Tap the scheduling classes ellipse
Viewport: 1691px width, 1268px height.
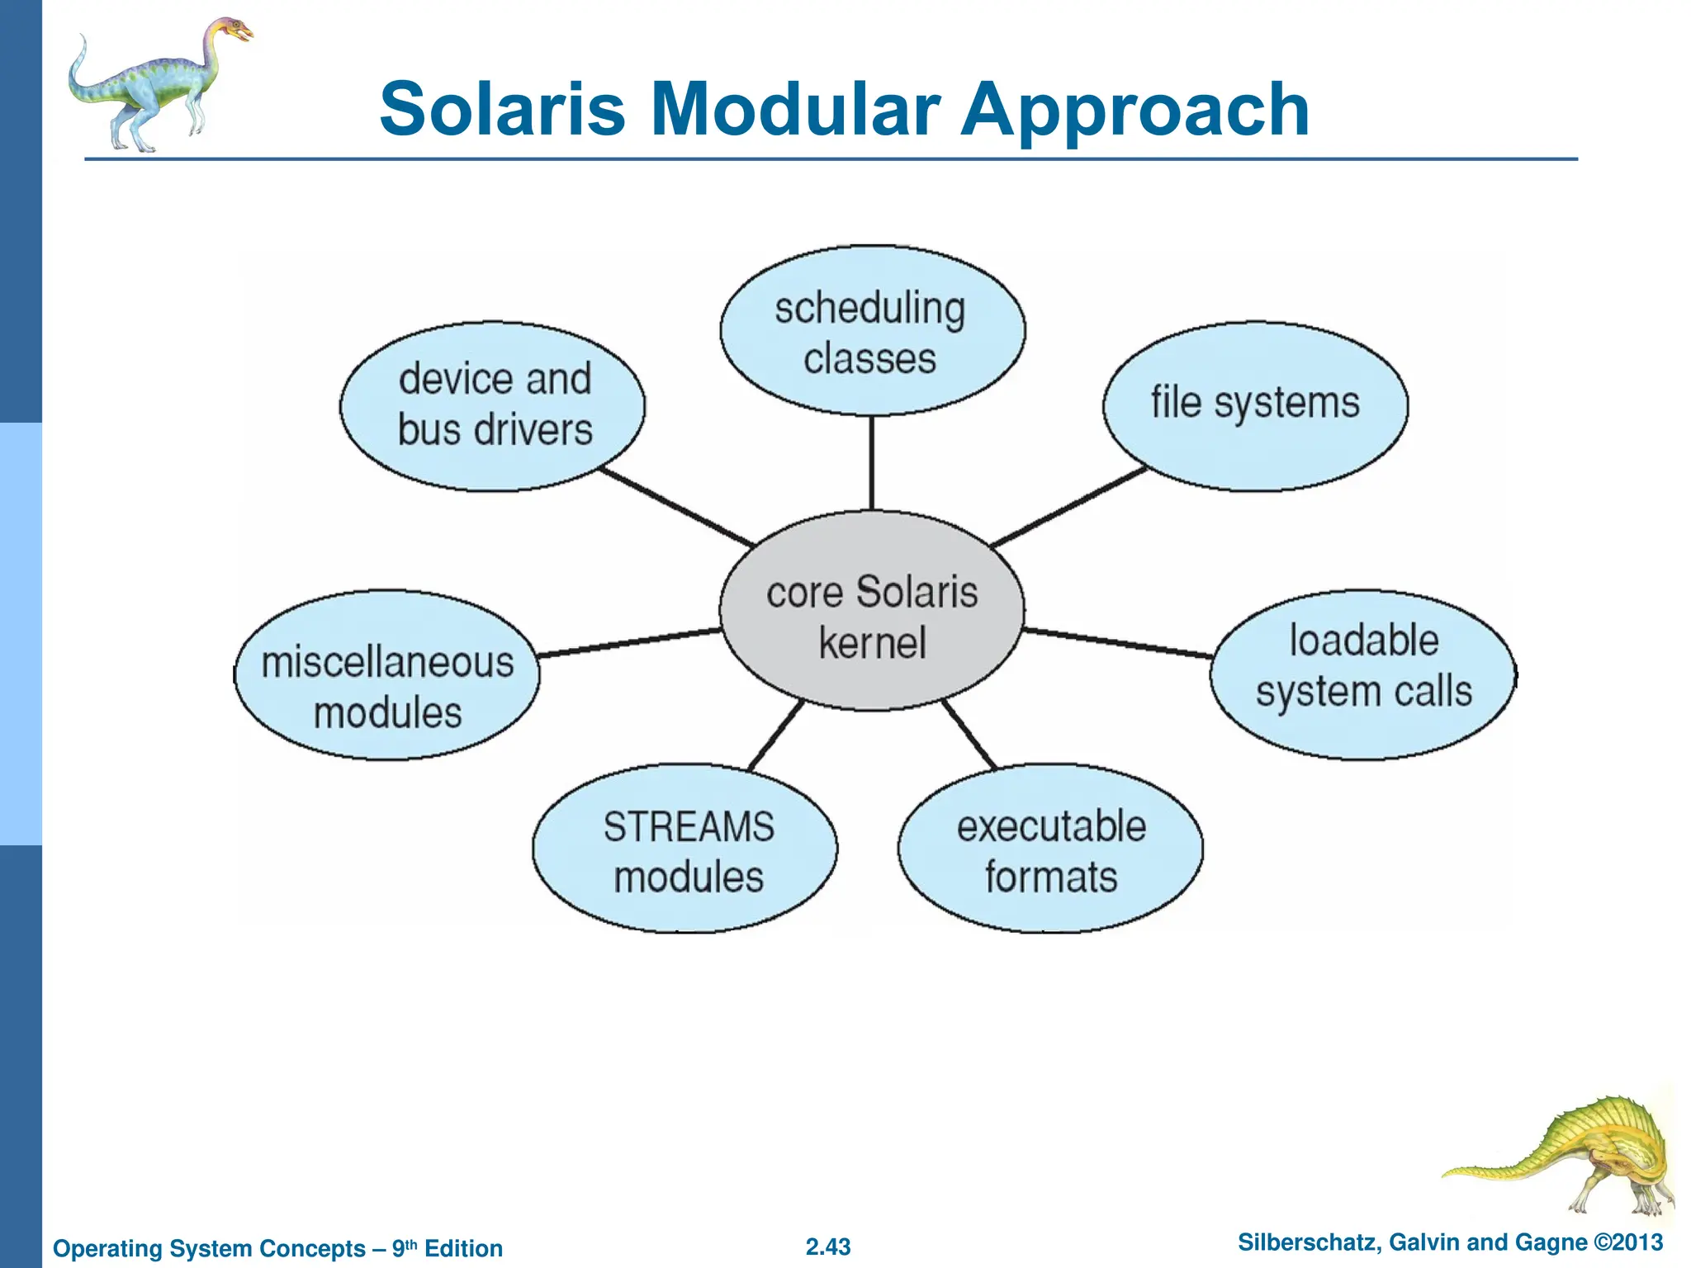[x=872, y=330]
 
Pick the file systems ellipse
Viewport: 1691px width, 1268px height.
[x=1255, y=405]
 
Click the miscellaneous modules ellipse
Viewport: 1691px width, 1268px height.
[x=387, y=675]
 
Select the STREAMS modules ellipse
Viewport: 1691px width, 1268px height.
[x=685, y=849]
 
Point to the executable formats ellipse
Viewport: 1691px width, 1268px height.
[x=1050, y=849]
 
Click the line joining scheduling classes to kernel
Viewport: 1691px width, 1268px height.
[x=872, y=462]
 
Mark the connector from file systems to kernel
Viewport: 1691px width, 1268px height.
[x=1069, y=507]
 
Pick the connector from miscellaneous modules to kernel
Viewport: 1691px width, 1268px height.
[x=629, y=643]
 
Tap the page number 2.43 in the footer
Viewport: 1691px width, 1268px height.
[x=828, y=1247]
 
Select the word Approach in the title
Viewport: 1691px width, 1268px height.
[x=1135, y=111]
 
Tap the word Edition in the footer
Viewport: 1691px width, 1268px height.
[x=463, y=1248]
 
